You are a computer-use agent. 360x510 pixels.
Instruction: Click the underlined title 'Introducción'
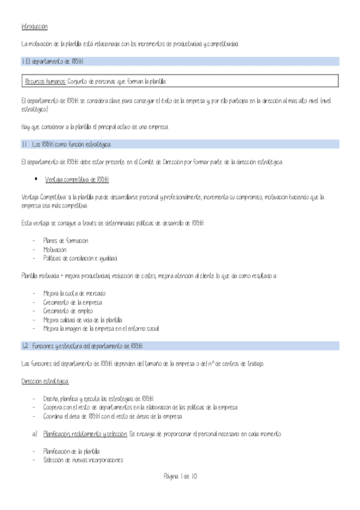point(34,27)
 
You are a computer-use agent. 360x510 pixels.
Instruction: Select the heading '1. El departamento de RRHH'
point(52,61)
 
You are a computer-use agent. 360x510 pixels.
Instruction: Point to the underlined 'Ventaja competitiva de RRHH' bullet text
point(77,180)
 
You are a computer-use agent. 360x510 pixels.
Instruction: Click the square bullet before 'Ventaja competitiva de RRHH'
point(37,179)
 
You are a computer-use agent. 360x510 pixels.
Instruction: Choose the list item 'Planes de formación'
point(66,241)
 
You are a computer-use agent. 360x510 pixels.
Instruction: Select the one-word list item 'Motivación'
point(55,249)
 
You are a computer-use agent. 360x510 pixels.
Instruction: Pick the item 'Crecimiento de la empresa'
point(73,302)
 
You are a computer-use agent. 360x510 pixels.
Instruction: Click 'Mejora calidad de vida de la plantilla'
point(82,320)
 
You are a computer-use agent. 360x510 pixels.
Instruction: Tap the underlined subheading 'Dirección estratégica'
point(44,381)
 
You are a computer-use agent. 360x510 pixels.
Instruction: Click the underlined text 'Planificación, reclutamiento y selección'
point(85,434)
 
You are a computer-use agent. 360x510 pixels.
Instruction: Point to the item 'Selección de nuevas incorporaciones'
point(83,460)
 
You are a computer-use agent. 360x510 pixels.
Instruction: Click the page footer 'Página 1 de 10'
point(180,476)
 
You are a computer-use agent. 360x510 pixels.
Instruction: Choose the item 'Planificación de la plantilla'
point(72,451)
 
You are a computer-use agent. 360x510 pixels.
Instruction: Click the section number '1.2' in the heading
point(25,346)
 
